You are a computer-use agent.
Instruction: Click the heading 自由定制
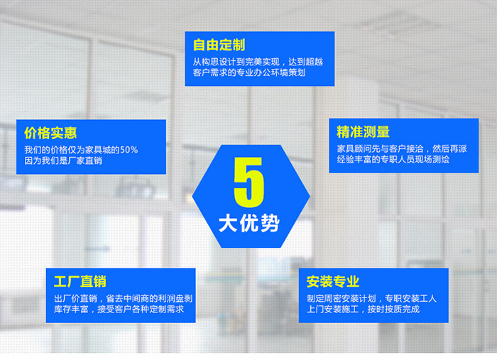tap(219, 45)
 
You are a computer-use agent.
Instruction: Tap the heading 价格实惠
tap(50, 133)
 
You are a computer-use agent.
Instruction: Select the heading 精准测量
tap(363, 132)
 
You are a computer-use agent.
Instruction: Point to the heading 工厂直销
tap(80, 281)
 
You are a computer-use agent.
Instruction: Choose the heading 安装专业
tap(333, 281)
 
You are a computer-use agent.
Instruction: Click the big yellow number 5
tap(249, 182)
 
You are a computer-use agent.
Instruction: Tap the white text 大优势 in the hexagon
tap(249, 224)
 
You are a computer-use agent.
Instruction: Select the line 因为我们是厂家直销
tap(63, 160)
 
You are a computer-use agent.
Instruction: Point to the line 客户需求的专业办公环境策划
tap(249, 72)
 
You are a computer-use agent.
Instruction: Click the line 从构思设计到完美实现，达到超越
tap(258, 62)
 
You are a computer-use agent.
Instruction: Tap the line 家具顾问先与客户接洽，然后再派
tap(402, 148)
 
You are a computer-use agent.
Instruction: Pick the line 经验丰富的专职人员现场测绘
tap(393, 159)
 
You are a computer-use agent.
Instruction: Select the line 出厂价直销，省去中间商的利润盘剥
tap(123, 298)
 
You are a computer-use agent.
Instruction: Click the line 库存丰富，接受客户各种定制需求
tap(119, 310)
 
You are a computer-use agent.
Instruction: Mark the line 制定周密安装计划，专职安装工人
tap(371, 298)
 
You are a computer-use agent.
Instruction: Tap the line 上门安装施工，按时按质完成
tap(363, 310)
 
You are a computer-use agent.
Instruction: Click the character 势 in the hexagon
tap(270, 224)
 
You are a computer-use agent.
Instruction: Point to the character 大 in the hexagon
tap(228, 224)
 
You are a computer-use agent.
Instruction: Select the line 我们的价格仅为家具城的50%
tap(81, 150)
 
